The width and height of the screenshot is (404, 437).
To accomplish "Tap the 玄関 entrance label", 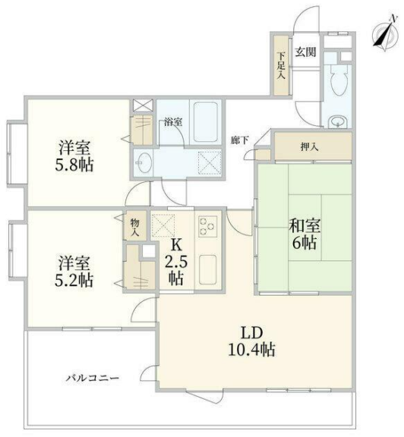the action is [305, 52].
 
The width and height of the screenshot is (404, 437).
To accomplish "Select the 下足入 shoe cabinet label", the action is [281, 65].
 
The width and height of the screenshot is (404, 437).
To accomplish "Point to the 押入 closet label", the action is [309, 146].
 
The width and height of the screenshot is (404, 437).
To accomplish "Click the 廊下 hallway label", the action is [239, 140].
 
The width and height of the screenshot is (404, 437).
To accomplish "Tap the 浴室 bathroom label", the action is [173, 122].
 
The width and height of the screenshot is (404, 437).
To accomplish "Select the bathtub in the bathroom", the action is [205, 122].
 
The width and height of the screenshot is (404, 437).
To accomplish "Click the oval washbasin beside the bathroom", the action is [144, 162].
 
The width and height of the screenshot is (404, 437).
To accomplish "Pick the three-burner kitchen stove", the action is [207, 225].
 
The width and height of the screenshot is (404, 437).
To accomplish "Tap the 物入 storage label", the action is [134, 228].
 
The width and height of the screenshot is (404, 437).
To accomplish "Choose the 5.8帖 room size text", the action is [74, 165].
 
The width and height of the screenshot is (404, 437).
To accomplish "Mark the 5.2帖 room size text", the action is [74, 281].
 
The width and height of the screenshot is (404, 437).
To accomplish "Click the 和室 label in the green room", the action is [305, 226].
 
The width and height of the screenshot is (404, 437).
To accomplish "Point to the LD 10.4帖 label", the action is [252, 341].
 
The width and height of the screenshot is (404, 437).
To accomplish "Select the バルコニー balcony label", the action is [93, 379].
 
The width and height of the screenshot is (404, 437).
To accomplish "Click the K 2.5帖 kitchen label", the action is [175, 262].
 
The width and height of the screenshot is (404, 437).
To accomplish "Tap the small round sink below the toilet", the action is [338, 122].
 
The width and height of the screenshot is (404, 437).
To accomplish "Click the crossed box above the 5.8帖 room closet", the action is [143, 105].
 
